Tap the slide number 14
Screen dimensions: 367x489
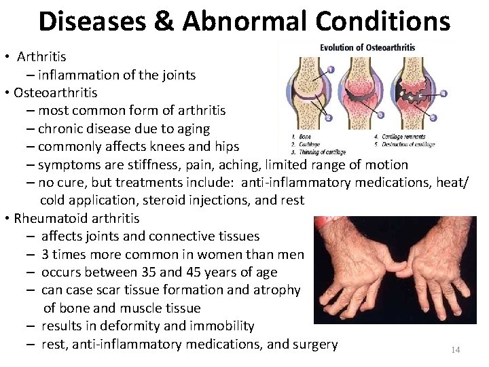coord(455,349)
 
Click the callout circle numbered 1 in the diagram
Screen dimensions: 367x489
coord(330,69)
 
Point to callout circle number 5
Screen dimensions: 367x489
coord(434,118)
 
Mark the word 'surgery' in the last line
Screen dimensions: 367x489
coord(314,344)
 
